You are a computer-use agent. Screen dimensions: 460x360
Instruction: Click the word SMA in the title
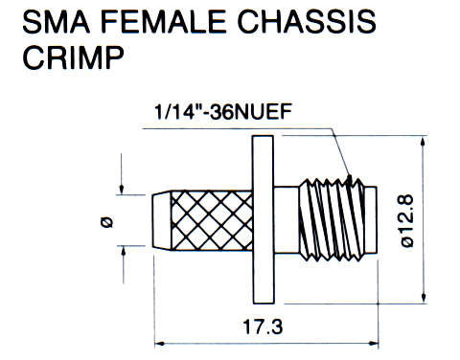[x=57, y=22]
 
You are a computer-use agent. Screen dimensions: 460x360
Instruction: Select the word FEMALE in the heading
[x=163, y=22]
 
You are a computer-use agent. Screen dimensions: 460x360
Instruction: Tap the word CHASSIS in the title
[x=307, y=22]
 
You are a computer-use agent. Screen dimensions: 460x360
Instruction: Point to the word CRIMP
[x=73, y=57]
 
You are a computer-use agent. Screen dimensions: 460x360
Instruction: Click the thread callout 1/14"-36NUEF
[x=223, y=112]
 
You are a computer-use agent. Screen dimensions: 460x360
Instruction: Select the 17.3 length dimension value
[x=263, y=326]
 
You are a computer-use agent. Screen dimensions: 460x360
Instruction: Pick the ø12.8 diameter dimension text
[x=407, y=221]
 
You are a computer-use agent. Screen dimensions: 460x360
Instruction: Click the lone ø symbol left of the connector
[x=106, y=222]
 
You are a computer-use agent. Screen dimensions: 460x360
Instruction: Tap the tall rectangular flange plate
[x=263, y=219]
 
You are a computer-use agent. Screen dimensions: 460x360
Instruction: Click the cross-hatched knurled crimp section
[x=212, y=220]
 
